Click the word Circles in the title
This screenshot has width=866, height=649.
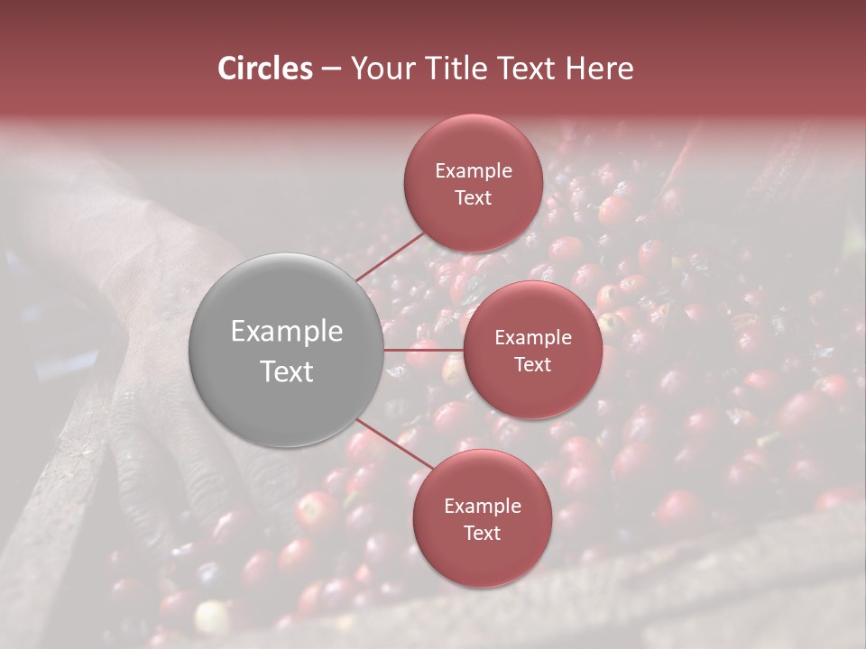pos(265,69)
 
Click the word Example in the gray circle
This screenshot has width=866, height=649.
pos(287,332)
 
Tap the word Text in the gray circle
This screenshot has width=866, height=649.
pos(287,371)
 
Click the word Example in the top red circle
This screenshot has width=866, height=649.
pos(474,171)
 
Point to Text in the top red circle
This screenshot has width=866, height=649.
pos(474,197)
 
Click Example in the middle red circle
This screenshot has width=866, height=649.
pos(533,338)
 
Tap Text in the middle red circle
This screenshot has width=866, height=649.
pos(533,364)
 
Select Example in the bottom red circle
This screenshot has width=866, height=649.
pos(483,507)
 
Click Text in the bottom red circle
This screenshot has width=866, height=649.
pos(483,533)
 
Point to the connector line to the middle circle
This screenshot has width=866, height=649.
pos(424,349)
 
